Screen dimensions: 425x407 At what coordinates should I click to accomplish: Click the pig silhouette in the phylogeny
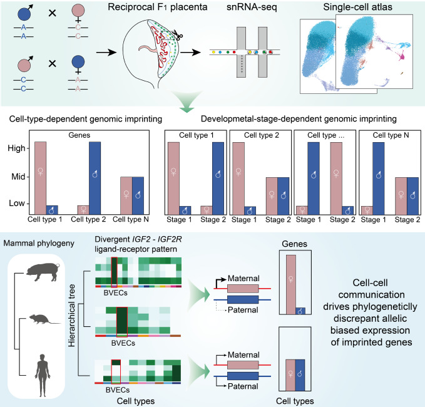[42, 272]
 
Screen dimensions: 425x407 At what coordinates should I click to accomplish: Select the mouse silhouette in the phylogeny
[43, 319]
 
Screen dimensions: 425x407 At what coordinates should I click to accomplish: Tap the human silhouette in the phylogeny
[43, 375]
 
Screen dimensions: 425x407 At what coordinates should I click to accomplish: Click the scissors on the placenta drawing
[178, 34]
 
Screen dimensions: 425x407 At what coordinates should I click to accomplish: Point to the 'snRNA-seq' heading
[252, 7]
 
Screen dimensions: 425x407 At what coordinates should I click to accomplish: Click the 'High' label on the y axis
[16, 148]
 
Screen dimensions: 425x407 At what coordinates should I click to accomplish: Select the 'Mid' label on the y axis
[18, 177]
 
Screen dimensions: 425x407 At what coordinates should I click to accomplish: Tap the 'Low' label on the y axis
[17, 203]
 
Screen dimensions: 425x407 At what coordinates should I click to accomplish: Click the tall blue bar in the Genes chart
[95, 178]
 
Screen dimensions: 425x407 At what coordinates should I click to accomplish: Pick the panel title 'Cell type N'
[391, 135]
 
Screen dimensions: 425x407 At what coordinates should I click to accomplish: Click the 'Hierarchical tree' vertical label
[71, 316]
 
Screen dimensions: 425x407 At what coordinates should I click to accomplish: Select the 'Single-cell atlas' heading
[357, 7]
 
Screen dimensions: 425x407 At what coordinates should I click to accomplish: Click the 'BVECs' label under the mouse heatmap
[123, 343]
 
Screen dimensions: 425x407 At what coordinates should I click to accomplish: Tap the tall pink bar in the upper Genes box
[291, 284]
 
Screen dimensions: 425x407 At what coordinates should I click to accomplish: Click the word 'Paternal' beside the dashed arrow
[243, 310]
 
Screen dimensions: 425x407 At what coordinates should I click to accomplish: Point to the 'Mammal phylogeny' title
[39, 243]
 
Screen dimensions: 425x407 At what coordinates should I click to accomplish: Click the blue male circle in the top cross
[24, 14]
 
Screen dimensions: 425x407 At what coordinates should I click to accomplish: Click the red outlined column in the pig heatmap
[115, 271]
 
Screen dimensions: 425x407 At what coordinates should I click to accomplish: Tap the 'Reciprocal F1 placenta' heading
[158, 7]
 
